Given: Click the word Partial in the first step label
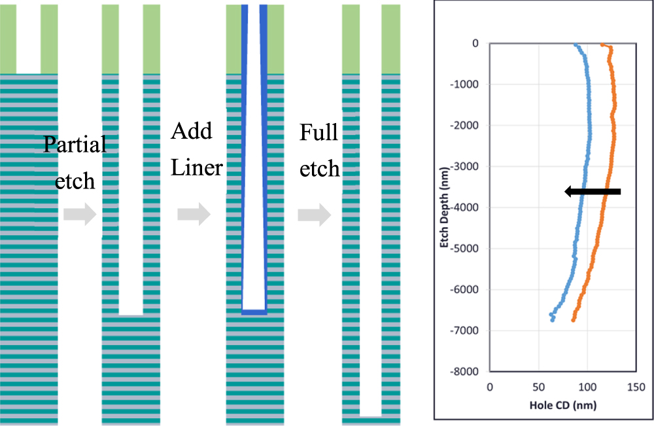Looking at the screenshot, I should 75,145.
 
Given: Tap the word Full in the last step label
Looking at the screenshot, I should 319,133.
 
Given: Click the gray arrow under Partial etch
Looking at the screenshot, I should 80,215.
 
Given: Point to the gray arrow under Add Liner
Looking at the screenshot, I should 194,215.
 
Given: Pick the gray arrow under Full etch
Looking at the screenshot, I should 314,215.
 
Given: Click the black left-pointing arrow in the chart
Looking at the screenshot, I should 592,191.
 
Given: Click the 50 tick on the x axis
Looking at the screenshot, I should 539,387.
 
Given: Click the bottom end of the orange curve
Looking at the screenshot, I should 573,320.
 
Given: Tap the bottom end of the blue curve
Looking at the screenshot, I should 553,320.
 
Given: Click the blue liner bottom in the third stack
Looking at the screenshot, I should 254,313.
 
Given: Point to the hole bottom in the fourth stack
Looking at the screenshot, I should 371,416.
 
